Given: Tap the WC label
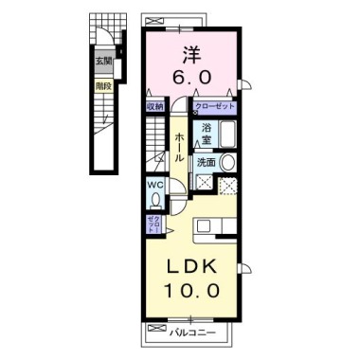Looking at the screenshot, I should tap(154, 186).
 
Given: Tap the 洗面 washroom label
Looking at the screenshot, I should tap(206, 163).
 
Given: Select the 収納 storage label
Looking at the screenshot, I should tap(155, 106).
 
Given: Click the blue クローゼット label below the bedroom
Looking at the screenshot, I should tap(215, 106).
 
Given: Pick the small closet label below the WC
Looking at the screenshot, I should tap(153, 225).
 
